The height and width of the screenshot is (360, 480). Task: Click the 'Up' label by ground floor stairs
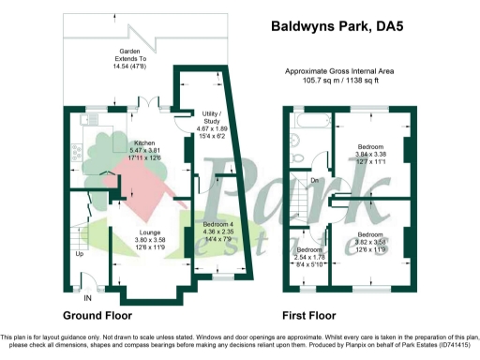[x=80, y=253]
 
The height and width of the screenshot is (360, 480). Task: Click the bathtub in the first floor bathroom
[x=308, y=123]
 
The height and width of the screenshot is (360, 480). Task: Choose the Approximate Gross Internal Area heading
[x=346, y=71]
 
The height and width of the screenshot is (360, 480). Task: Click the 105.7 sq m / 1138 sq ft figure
[x=346, y=82]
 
